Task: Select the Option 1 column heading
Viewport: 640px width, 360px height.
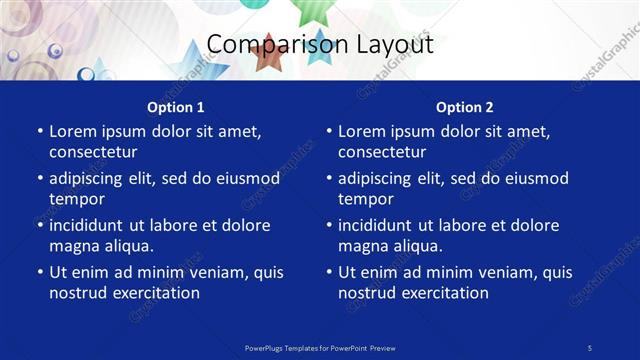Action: click(x=175, y=107)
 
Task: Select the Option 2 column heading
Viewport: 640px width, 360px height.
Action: click(x=464, y=107)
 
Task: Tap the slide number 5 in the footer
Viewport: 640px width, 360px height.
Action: click(x=590, y=347)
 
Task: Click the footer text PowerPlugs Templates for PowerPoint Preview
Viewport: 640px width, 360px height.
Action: click(x=320, y=347)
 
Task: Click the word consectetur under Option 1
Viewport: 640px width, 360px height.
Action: click(x=93, y=152)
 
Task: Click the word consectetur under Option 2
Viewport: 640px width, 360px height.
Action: click(x=382, y=152)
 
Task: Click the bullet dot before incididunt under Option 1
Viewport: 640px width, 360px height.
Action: click(x=40, y=226)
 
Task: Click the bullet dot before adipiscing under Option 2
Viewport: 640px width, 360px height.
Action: click(x=329, y=179)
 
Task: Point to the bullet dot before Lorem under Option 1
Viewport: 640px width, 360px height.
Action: click(x=40, y=132)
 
